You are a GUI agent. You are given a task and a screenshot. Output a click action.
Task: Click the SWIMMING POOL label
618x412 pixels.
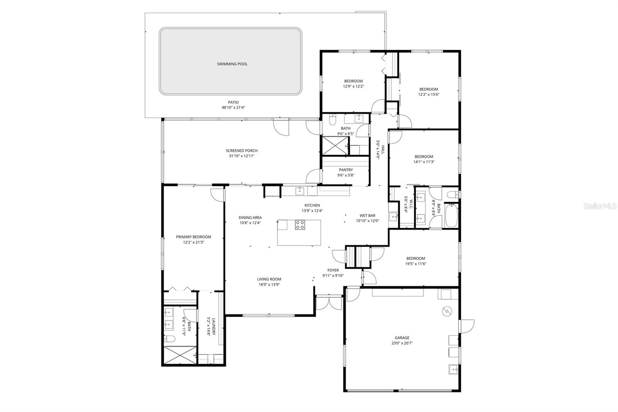point(232,64)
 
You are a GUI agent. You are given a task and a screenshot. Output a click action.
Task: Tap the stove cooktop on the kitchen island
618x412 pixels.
point(300,225)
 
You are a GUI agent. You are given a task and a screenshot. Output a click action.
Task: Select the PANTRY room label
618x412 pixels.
point(346,170)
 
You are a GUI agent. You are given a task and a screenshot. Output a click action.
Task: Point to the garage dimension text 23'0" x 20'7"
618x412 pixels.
point(402,343)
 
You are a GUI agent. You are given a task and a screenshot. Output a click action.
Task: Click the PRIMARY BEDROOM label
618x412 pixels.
point(194,237)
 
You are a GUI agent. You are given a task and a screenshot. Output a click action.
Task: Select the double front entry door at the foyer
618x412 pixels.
point(329,303)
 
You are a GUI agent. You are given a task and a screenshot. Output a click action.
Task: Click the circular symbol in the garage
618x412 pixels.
point(447,311)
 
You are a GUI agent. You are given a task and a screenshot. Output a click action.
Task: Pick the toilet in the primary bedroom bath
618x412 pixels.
point(170,339)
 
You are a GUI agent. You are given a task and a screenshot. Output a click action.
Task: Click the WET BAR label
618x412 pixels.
point(367,216)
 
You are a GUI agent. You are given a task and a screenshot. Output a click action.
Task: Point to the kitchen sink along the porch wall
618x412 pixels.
point(299,191)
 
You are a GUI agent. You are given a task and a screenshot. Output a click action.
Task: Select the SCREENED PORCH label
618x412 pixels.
point(242,151)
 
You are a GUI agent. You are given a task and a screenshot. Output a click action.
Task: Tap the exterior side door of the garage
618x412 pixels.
point(466,326)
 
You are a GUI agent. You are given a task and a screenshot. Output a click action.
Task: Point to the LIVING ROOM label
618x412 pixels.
point(269,279)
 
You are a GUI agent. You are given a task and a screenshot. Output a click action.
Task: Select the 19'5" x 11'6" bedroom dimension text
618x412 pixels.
point(416,264)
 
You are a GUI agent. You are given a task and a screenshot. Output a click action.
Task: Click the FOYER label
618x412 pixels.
point(333,270)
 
